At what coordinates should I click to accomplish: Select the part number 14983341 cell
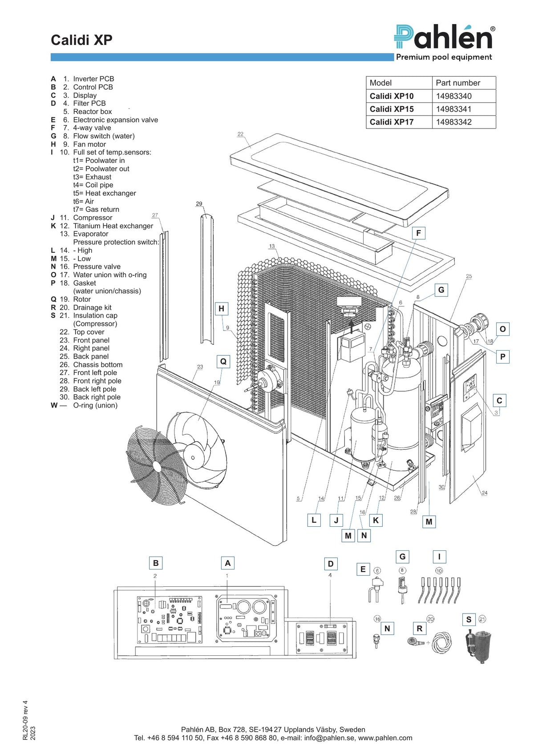pos(464,109)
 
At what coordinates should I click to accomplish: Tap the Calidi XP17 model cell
pos(399,122)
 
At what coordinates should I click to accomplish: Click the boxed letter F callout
pos(418,233)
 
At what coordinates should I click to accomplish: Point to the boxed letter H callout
pos(222,309)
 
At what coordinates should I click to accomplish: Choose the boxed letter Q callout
pos(223,362)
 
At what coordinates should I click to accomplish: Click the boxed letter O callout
pos(503,329)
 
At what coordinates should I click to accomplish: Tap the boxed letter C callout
pos(499,400)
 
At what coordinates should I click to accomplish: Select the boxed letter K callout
pos(376,520)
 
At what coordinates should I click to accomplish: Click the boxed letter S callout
pos(469,619)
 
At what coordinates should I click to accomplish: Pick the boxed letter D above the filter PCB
pos(331,564)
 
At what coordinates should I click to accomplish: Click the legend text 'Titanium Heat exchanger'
pos(113,226)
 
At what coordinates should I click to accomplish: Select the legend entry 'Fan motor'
pos(89,144)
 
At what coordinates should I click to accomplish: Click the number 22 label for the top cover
pos(240,134)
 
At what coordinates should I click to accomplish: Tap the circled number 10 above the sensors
pos(439,571)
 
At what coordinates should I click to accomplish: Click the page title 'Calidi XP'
pos(81,40)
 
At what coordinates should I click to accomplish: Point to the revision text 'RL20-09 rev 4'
pos(25,720)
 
